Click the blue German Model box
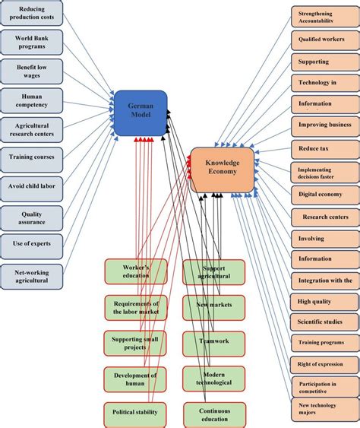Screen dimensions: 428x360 (x=140, y=113)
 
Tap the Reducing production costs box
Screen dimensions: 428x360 (x=32, y=13)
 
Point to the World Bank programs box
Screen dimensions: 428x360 (x=32, y=41)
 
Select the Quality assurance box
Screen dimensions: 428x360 (x=32, y=217)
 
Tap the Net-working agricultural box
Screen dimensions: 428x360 (x=32, y=275)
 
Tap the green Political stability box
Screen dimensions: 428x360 (x=136, y=413)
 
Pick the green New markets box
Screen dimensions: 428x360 (x=214, y=306)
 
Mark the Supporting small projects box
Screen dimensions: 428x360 (x=136, y=343)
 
